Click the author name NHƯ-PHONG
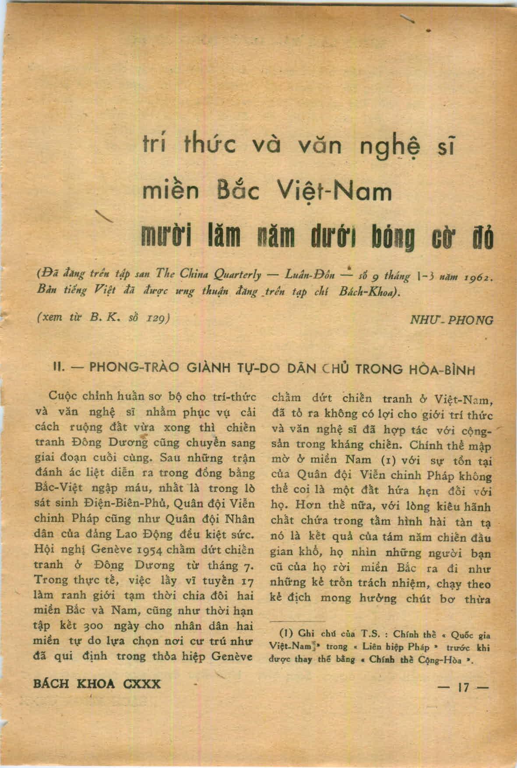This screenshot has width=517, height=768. click(451, 320)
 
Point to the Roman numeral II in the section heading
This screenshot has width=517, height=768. click(59, 367)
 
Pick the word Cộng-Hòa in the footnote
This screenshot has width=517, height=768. click(443, 660)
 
